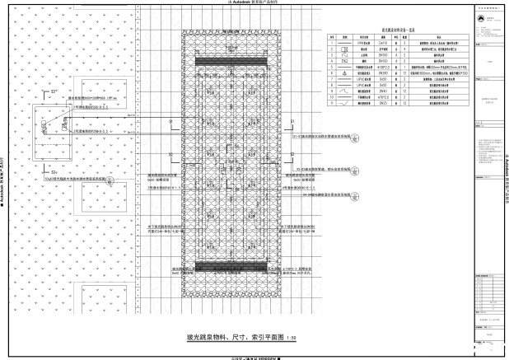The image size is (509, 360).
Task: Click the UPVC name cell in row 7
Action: click(363, 79)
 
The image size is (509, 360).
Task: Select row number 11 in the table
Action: click(332, 104)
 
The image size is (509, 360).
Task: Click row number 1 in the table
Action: click(332, 42)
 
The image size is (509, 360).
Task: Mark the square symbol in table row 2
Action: click(343, 48)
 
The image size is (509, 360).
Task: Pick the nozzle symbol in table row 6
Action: click(343, 72)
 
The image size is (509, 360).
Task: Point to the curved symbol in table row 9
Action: click(343, 91)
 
